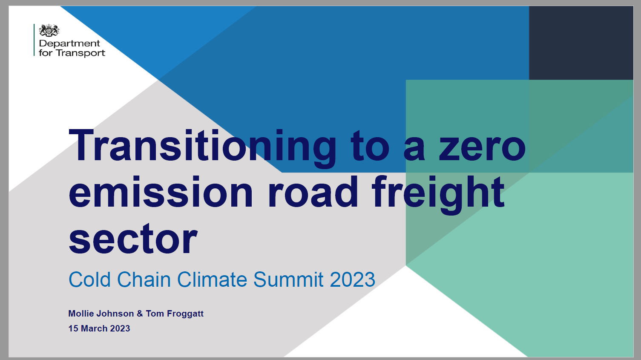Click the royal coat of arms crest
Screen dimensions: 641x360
point(49,30)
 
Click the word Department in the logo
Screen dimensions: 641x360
point(69,44)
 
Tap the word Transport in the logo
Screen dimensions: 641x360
point(80,53)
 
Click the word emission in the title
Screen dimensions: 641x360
point(161,192)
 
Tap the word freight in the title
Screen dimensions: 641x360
point(438,195)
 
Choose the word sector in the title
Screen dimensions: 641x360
point(133,239)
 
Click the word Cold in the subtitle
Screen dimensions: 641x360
point(89,279)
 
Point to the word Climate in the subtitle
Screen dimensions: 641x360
point(212,279)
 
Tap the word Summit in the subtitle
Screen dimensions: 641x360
point(288,279)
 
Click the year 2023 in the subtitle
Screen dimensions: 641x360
point(352,279)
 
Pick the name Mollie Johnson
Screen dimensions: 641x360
point(101,314)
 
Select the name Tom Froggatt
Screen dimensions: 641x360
point(175,314)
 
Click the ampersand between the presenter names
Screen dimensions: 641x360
point(140,314)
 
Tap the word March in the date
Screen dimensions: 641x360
point(94,328)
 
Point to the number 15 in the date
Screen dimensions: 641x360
point(73,328)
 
